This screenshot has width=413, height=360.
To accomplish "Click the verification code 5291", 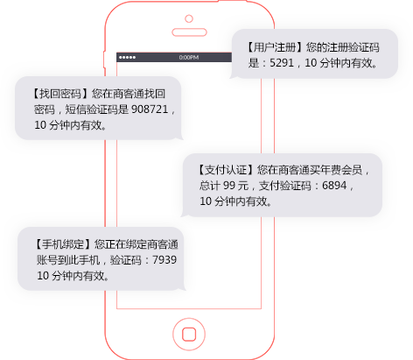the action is point(282,63).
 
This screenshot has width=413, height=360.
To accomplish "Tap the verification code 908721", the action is point(150,109).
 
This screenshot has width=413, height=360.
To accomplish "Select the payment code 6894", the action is point(334,186).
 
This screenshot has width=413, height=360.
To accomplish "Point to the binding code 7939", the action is point(164,259).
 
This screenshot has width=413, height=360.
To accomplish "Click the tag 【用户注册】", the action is point(275,47).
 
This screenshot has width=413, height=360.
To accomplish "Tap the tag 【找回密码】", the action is point(61,94).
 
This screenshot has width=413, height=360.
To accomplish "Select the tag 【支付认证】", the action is point(226,170).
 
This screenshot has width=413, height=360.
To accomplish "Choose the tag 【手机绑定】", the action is point(63,244).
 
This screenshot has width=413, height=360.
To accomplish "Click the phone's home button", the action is point(189,334).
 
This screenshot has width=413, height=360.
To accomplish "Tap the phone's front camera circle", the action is point(189,18).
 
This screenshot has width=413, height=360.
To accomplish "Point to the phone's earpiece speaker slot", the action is point(189,32).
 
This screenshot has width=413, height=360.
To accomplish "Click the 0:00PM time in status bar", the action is point(189,57).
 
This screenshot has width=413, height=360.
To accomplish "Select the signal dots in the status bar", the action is point(127,57).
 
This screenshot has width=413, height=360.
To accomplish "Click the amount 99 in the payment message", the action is point(229,186).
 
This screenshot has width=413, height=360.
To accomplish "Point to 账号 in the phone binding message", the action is point(47,259).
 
